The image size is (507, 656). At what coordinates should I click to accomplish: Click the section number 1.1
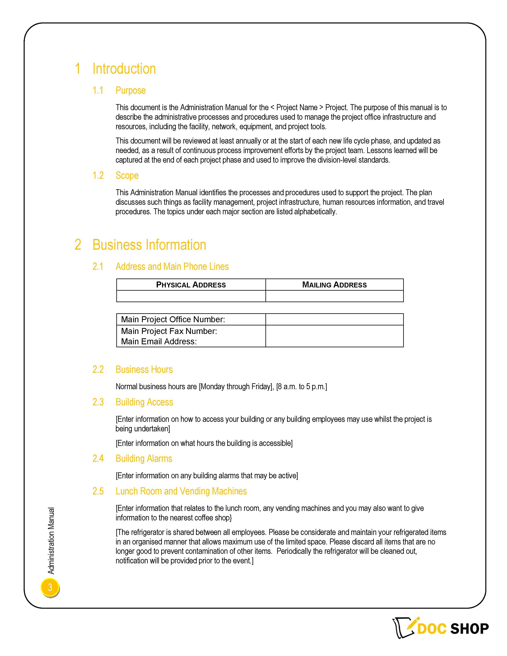point(98,90)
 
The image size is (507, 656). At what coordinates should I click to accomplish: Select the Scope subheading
point(127,175)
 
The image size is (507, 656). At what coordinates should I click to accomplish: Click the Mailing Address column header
point(334,285)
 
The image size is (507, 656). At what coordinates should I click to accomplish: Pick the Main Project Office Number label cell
point(173,319)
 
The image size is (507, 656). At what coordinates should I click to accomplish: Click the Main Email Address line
point(159,342)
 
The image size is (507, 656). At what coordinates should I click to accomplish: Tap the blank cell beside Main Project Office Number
point(334,319)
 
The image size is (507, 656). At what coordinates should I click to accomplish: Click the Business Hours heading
point(144,370)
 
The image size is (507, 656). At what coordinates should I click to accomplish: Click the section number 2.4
point(98,459)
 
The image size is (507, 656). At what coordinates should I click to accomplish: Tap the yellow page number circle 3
point(50,587)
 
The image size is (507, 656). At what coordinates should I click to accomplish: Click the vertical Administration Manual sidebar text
point(51,541)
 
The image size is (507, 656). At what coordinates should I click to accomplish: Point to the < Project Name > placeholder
point(297,108)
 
